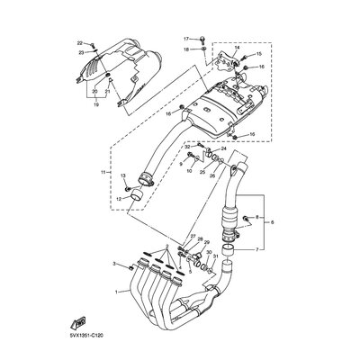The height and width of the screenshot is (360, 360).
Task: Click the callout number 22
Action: click(78, 43)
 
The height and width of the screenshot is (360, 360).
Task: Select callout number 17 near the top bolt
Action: click(187, 40)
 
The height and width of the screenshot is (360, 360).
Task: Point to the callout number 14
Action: click(237, 46)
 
